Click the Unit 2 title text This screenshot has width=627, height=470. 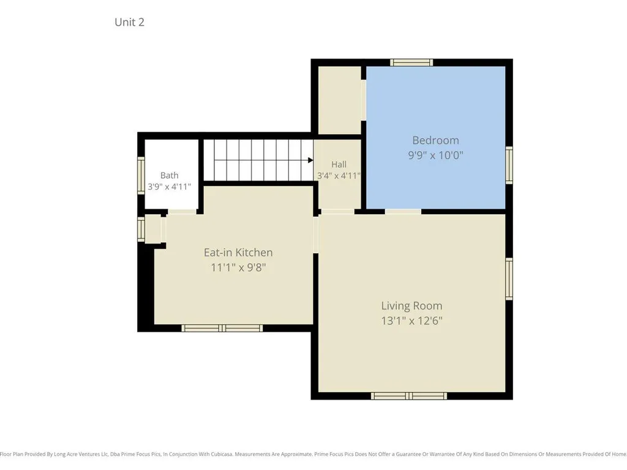pyautogui.click(x=129, y=22)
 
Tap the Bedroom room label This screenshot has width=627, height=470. pyautogui.click(x=435, y=140)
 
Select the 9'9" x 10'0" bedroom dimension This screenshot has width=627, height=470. pyautogui.click(x=435, y=155)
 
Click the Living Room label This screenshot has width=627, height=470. pyautogui.click(x=411, y=306)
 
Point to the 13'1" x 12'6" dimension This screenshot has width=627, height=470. pyautogui.click(x=411, y=321)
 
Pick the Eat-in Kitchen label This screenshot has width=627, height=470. pyautogui.click(x=238, y=253)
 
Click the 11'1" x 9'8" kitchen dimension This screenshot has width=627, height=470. pyautogui.click(x=238, y=267)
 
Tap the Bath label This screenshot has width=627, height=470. pyautogui.click(x=169, y=176)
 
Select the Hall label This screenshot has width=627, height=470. pyautogui.click(x=339, y=164)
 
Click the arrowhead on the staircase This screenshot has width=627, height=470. pyautogui.click(x=310, y=160)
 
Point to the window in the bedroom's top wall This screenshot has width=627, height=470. pyautogui.click(x=411, y=62)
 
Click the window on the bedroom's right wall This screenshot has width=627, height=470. pyautogui.click(x=509, y=165)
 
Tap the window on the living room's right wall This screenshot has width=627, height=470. pyautogui.click(x=509, y=278)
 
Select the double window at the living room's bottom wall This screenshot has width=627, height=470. pyautogui.click(x=408, y=396)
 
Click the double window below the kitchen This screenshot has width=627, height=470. pyautogui.click(x=222, y=328)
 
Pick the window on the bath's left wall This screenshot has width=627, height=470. pyautogui.click(x=141, y=176)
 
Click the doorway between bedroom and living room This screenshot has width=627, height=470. pyautogui.click(x=403, y=211)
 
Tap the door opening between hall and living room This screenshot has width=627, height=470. pyautogui.click(x=337, y=211)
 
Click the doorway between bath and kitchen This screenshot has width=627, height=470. pyautogui.click(x=182, y=211)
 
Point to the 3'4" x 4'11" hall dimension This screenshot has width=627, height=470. pyautogui.click(x=339, y=176)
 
